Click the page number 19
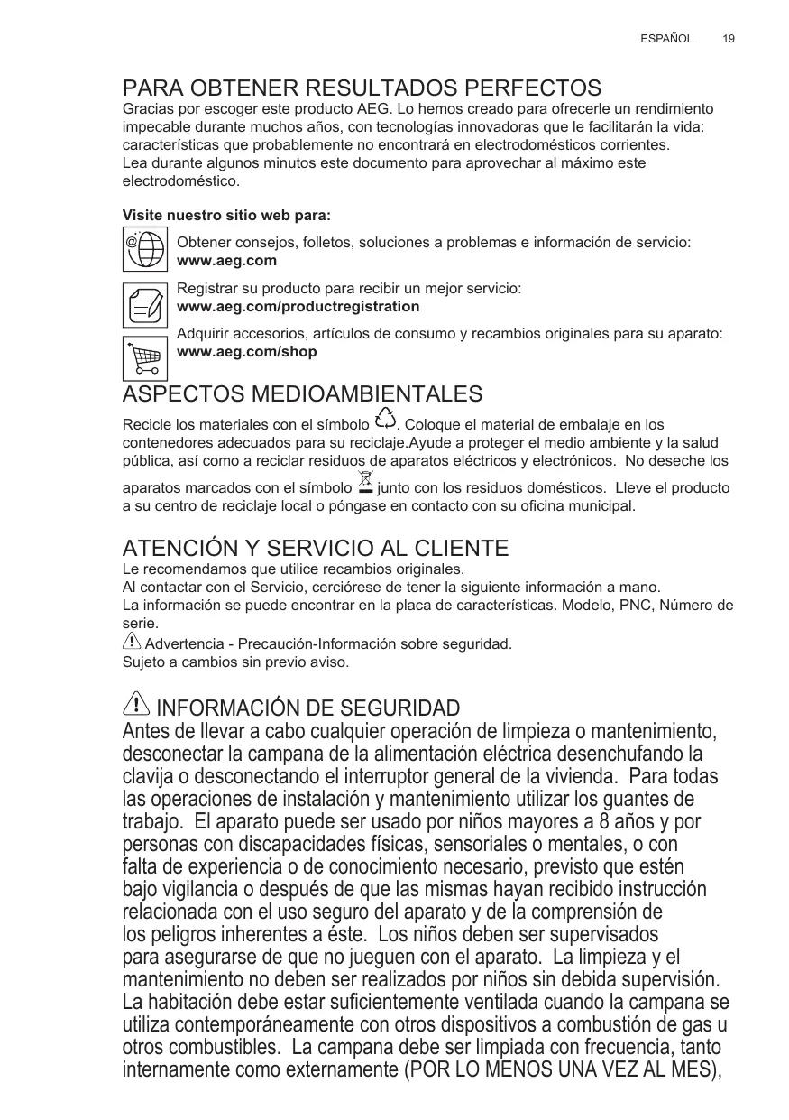pyautogui.click(x=729, y=39)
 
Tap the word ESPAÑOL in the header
pyautogui.click(x=666, y=39)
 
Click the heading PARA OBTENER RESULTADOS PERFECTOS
pyautogui.click(x=362, y=88)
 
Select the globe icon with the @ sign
pyautogui.click(x=144, y=248)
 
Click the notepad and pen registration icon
pyautogui.click(x=144, y=304)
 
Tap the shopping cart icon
pyautogui.click(x=144, y=359)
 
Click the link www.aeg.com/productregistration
pyautogui.click(x=298, y=307)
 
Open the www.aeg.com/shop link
pyautogui.click(x=247, y=351)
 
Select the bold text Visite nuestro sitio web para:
pyautogui.click(x=226, y=217)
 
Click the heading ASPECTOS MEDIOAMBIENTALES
pyautogui.click(x=302, y=394)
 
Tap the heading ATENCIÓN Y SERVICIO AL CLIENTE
pyautogui.click(x=315, y=548)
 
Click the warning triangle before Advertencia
pyautogui.click(x=132, y=643)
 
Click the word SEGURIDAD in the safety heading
pyautogui.click(x=393, y=708)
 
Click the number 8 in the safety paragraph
pyautogui.click(x=588, y=823)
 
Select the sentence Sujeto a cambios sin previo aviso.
pyautogui.click(x=235, y=662)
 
